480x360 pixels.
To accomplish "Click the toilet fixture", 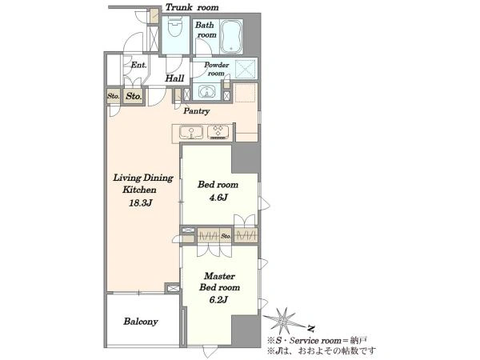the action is click(175, 26).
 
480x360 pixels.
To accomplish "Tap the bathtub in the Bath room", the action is click(231, 36).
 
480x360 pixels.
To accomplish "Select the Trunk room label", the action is click(192, 7).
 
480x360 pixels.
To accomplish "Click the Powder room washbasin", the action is click(206, 91).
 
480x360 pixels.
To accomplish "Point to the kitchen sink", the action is click(190, 133).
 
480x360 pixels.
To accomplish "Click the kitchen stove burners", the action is click(218, 132).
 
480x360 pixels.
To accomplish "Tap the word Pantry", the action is click(196, 111).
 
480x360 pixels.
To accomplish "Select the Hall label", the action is click(174, 78).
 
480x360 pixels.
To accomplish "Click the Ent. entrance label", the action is click(138, 65).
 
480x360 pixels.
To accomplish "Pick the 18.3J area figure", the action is click(141, 203).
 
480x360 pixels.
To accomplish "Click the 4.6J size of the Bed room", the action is click(218, 198).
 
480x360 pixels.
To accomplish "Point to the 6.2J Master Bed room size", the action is click(218, 300).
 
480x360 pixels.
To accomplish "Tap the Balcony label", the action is click(141, 322).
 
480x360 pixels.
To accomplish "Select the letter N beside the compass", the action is click(311, 329).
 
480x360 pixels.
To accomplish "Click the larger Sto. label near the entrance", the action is click(134, 97).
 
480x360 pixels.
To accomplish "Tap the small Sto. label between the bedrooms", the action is click(226, 236).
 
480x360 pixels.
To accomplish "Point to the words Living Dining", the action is click(143, 178).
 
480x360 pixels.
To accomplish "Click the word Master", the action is click(219, 276).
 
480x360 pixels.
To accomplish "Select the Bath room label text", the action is click(206, 30).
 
